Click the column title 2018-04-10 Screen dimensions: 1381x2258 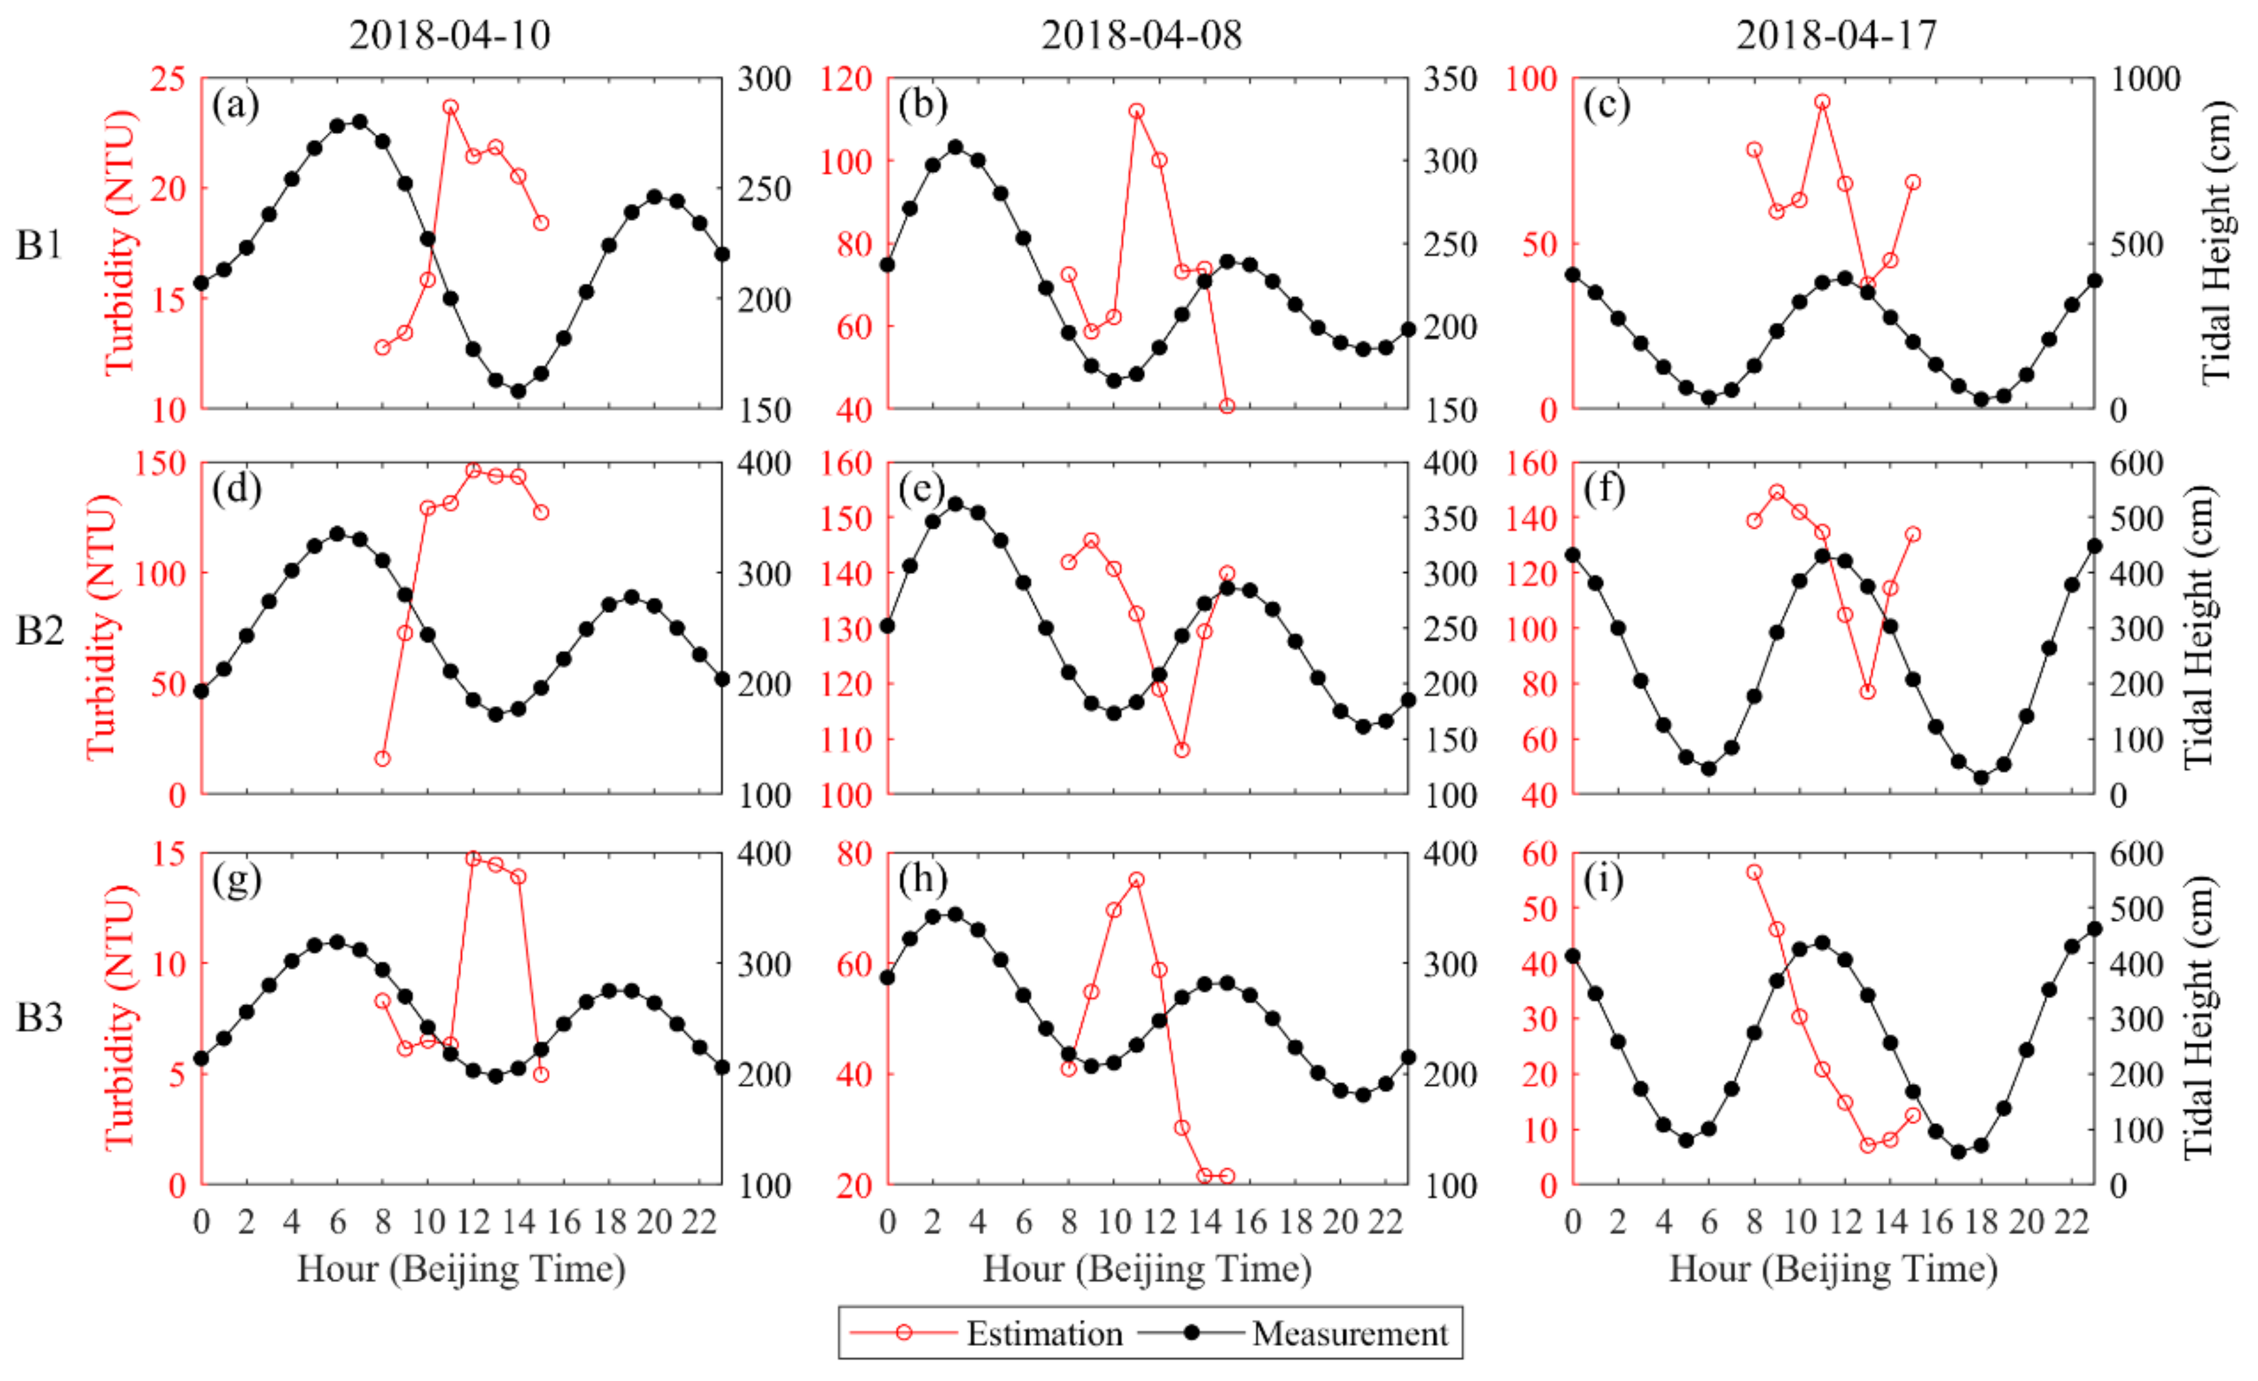point(450,35)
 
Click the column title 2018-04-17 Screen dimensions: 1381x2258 point(1837,35)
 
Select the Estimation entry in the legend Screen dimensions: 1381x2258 point(1044,1334)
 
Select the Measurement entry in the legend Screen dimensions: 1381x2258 point(1349,1334)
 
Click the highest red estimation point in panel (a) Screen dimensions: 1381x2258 point(450,107)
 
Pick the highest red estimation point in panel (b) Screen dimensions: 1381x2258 point(1136,111)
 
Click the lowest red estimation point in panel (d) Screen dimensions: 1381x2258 point(383,759)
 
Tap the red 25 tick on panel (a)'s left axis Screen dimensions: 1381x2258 point(168,79)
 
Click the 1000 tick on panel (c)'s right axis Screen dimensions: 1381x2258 point(2146,79)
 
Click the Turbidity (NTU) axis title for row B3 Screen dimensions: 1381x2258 point(120,1017)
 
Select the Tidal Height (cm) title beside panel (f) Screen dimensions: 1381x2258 point(2200,629)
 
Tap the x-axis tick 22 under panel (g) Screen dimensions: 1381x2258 point(699,1222)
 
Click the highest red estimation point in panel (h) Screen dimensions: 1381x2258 point(1136,880)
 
